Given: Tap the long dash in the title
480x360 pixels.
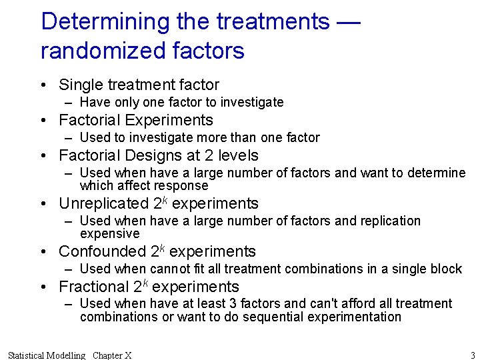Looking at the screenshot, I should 349,21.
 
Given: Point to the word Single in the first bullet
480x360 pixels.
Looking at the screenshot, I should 80,85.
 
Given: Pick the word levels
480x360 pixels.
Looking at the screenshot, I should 238,155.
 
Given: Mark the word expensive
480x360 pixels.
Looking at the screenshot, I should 110,234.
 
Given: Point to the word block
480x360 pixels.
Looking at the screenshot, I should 446,269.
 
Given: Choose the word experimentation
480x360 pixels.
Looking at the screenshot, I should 355,317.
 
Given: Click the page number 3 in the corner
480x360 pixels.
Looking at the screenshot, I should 473,355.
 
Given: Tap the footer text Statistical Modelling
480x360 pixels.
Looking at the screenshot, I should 47,355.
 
